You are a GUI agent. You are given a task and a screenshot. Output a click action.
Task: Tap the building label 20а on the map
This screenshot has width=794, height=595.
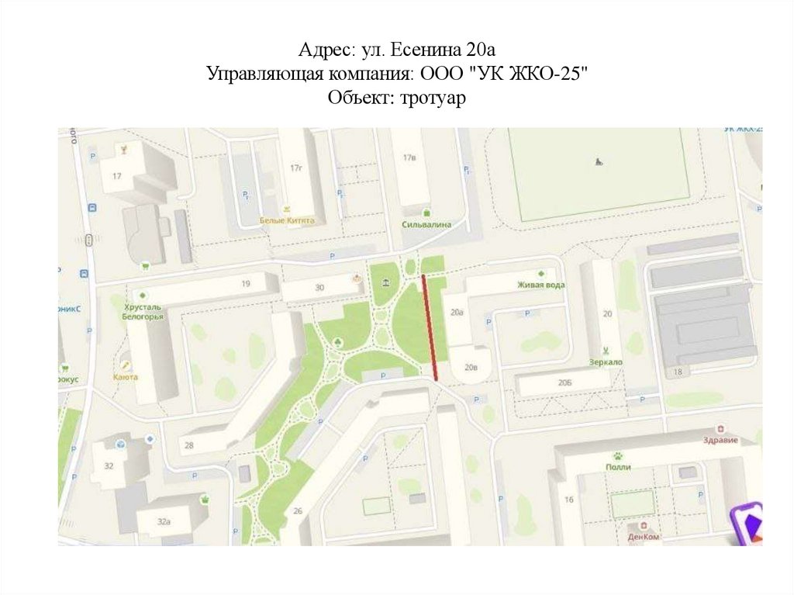point(457,313)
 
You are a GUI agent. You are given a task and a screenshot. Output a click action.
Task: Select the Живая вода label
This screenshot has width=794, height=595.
point(540,285)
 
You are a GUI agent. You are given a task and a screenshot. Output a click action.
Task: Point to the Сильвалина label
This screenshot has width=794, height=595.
point(426,224)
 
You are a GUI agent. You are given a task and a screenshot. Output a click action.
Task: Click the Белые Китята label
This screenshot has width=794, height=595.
point(287,220)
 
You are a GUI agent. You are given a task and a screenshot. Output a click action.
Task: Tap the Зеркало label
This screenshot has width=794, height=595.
point(606,362)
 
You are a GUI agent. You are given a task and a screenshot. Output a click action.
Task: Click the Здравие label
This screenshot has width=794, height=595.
point(720,440)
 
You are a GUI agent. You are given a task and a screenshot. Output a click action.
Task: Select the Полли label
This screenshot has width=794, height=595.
point(619,467)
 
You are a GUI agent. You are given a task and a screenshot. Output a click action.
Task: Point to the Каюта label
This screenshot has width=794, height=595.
point(125,377)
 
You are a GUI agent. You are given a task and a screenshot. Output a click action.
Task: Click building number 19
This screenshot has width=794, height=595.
point(245,285)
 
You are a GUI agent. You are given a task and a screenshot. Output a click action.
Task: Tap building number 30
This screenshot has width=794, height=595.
point(319,288)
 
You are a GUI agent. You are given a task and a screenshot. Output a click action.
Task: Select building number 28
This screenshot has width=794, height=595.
point(188,445)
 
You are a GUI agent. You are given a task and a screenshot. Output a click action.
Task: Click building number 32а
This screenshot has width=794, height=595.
point(164,522)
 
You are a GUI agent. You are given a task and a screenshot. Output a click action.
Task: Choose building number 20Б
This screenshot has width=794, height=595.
point(564,383)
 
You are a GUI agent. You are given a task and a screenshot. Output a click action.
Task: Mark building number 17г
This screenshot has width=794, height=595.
point(295,168)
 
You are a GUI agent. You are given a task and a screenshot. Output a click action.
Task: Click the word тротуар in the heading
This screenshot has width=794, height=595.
point(432,99)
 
